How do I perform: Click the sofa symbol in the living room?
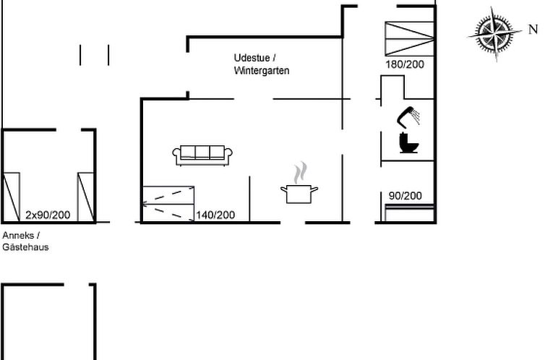[x=202, y=155]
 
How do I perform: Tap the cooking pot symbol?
[x=299, y=194]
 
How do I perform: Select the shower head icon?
[x=408, y=117]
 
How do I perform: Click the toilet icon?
[x=408, y=142]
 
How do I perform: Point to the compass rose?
[x=494, y=33]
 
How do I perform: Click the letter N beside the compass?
[x=533, y=30]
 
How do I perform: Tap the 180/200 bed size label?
[x=405, y=64]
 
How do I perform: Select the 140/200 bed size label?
[x=215, y=215]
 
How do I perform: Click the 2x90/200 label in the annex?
[x=48, y=215]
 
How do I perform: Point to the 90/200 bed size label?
[x=405, y=196]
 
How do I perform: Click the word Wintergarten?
[x=262, y=71]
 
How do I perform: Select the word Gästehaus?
[x=25, y=247]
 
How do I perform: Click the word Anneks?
[x=18, y=235]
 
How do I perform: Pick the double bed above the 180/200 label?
[x=409, y=38]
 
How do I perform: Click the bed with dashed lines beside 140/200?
[x=168, y=204]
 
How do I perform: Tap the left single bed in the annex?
[x=11, y=197]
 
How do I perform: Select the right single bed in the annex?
[x=85, y=197]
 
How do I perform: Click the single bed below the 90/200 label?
[x=409, y=213]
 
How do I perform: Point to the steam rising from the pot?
[x=300, y=173]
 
